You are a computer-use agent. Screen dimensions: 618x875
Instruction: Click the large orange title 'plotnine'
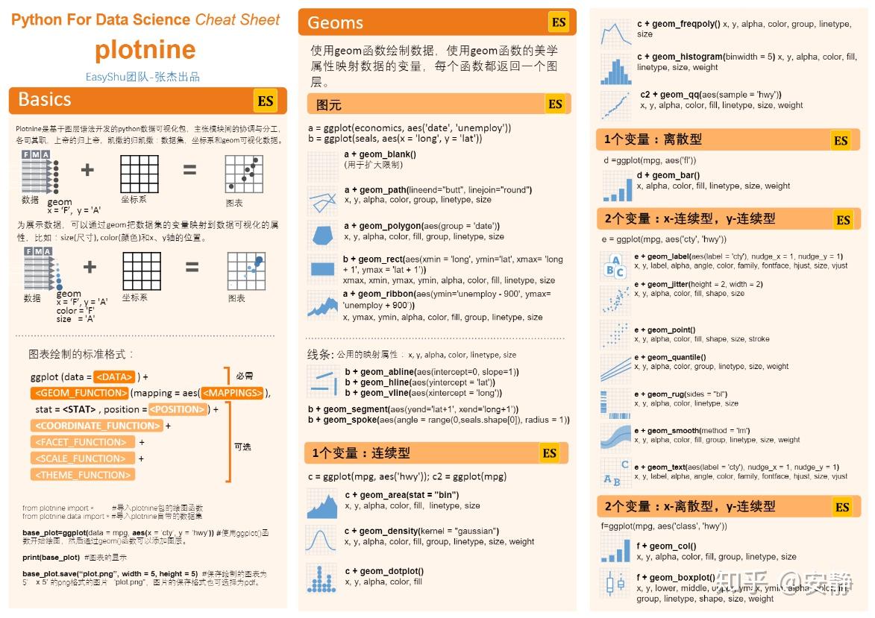pos(145,50)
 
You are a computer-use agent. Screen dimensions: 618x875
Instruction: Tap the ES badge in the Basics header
pos(266,101)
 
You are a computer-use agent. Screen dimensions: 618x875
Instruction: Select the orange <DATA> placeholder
pos(115,376)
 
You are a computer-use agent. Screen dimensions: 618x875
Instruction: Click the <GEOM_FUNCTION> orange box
pos(79,393)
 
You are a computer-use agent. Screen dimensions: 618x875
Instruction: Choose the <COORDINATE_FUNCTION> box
pos(97,426)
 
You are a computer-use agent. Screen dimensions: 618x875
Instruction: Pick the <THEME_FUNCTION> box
pos(83,475)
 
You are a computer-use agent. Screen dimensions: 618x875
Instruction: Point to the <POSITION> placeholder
pos(177,409)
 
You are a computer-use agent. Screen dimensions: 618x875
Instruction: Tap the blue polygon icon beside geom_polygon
pos(322,234)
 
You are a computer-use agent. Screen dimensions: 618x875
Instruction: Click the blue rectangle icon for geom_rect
pos(322,269)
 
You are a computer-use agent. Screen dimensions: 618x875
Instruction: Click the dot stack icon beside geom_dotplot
pos(322,578)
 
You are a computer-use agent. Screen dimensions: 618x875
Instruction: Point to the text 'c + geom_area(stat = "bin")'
pos(401,495)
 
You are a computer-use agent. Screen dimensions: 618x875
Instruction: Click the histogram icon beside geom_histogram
pos(615,68)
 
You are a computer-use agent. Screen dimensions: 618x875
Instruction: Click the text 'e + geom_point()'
pos(665,330)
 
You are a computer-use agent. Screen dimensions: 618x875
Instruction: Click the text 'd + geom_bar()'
pos(668,175)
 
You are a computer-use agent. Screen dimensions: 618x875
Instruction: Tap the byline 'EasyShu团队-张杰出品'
pos(142,77)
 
